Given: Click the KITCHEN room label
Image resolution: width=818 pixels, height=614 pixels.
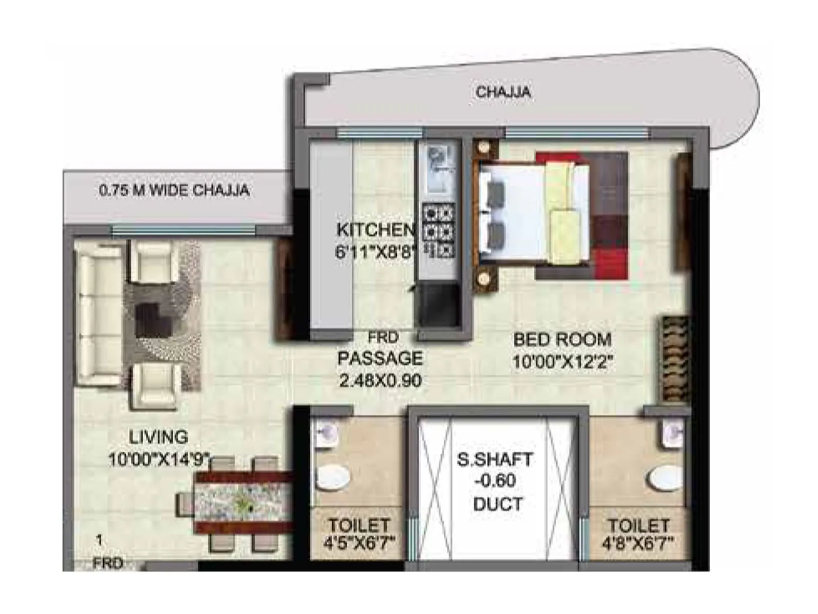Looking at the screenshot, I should pos(376,230).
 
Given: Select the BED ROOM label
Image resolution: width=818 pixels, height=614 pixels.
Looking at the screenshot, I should pos(562,340).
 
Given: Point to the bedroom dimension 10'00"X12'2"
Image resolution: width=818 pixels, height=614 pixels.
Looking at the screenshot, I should pos(562,362).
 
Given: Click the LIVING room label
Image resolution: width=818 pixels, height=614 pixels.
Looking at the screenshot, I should pos(158,437).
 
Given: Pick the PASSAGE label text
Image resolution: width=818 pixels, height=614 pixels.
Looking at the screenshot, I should pos(380,358).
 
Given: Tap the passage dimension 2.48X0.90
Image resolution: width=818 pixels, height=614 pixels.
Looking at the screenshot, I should pos(380,381).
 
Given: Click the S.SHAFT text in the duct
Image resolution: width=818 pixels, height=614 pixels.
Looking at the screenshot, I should pos(494,459).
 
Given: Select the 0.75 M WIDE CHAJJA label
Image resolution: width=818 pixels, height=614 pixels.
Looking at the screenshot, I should pos(174,190).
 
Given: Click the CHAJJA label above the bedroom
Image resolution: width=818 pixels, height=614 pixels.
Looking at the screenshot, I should pos(503,93).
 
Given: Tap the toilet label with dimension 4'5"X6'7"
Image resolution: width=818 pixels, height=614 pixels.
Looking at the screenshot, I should pos(359,525).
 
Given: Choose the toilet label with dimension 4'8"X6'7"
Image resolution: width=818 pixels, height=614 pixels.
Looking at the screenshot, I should pos(638,525).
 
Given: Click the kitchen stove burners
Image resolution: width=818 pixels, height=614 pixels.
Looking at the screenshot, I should pos(439,230).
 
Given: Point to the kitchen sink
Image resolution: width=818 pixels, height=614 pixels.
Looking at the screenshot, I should pos(439,169).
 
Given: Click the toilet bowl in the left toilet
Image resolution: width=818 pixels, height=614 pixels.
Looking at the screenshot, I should pos(332,477).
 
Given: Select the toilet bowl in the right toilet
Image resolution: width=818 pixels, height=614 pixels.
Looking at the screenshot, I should pos(665,478).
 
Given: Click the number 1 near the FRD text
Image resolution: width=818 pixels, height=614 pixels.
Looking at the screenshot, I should pos(99,540).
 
